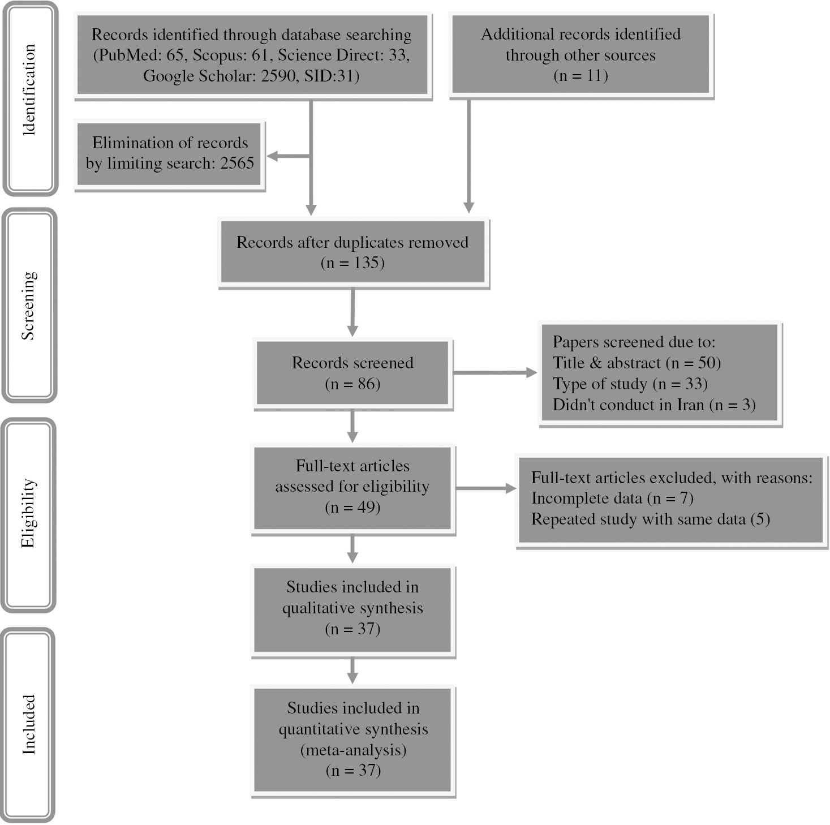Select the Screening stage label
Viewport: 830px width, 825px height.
point(28,306)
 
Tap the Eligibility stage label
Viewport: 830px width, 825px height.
point(28,514)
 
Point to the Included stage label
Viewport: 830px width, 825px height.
point(28,725)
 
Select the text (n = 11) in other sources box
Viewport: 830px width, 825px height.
point(580,76)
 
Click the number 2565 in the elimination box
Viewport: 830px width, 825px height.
point(237,163)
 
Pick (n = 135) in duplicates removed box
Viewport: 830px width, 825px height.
point(352,263)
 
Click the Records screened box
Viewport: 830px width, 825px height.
point(352,373)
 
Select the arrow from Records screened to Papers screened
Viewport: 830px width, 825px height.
point(494,372)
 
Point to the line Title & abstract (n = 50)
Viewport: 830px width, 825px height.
point(637,363)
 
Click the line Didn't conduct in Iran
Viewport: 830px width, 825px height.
point(654,405)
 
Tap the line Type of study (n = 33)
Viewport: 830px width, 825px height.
point(630,384)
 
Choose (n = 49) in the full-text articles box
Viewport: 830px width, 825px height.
point(352,508)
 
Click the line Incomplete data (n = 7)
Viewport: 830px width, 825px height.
point(612,498)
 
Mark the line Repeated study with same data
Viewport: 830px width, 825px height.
point(650,519)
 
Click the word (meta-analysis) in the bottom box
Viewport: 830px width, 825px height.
point(353,750)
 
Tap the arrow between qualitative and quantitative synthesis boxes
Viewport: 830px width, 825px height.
point(352,671)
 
